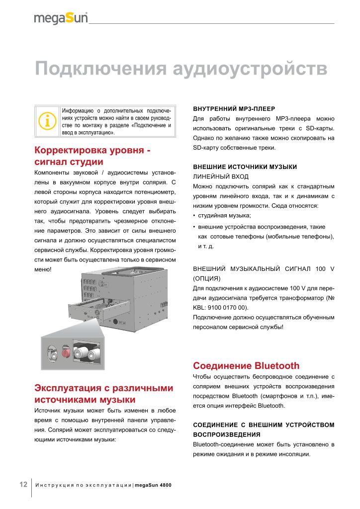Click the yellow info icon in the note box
click(x=47, y=121)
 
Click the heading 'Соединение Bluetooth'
click(x=246, y=366)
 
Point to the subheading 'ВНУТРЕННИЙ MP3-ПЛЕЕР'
click(x=234, y=108)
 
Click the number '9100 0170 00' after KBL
click(x=233, y=308)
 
